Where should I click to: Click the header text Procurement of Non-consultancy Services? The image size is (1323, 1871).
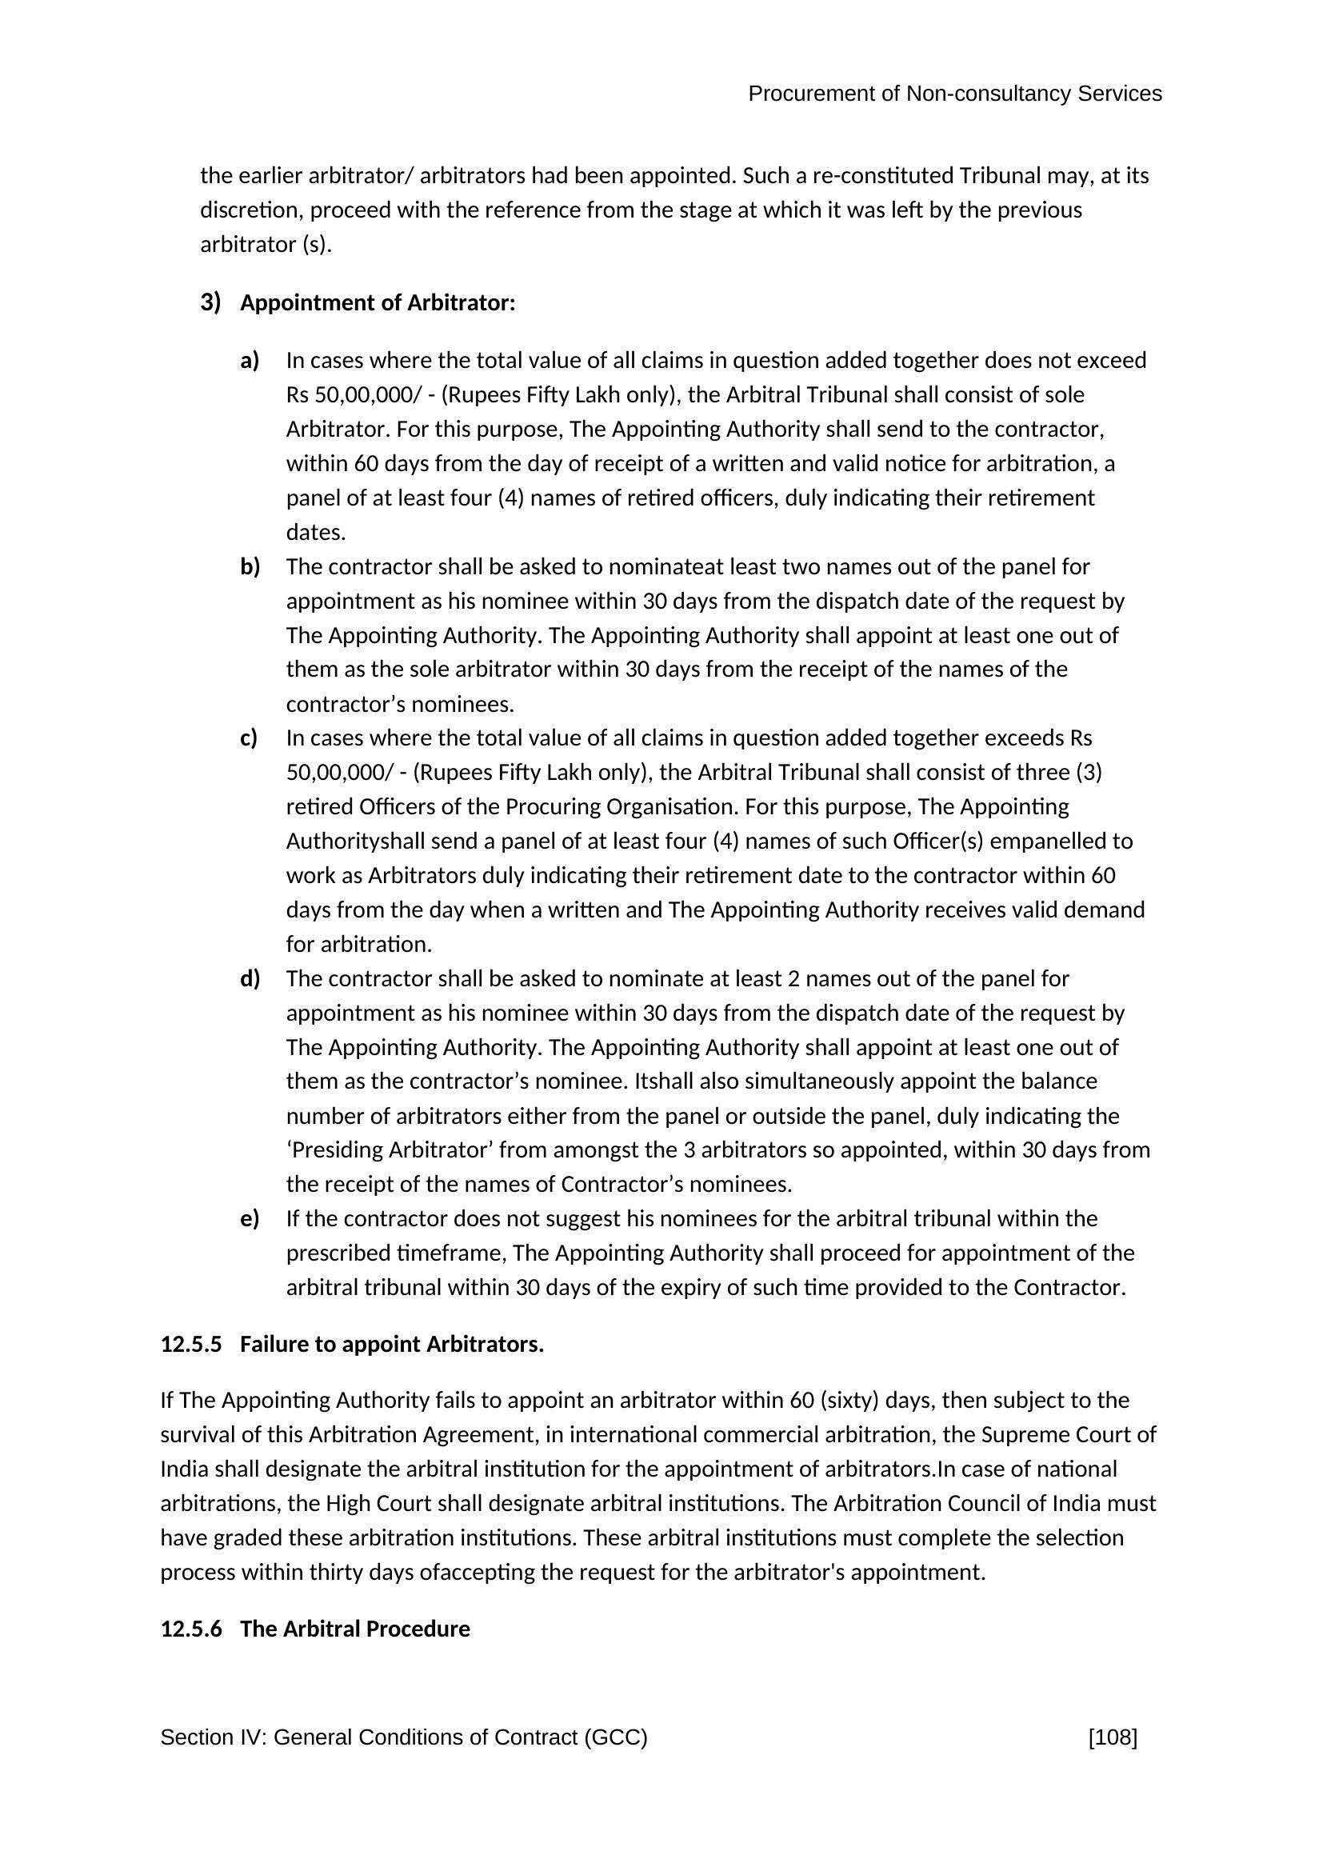[954, 94]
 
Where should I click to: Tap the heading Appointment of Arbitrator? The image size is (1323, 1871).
[378, 303]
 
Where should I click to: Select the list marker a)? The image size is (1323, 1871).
[250, 360]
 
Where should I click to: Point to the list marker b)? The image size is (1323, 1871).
[250, 566]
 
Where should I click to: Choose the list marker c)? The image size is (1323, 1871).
[249, 738]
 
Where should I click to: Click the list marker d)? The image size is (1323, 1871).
[250, 977]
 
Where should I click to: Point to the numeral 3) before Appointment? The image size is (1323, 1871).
[210, 302]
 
